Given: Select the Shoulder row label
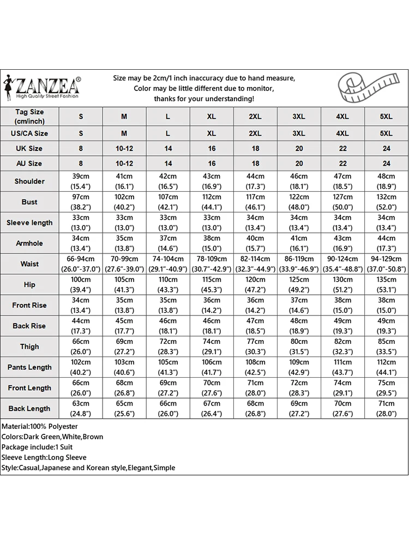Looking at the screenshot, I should point(29,181).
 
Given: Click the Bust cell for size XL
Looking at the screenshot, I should point(212,202).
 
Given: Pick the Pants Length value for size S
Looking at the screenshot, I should point(81,367).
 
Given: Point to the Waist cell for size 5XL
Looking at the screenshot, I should point(386,264).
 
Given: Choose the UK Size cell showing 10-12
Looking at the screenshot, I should point(124,148).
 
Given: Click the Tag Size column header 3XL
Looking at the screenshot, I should point(299,116).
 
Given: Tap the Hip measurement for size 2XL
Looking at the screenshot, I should point(255,284).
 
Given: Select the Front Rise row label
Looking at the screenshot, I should point(29,305).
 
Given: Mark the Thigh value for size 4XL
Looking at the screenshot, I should point(342,347).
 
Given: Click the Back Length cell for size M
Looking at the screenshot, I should point(124,409).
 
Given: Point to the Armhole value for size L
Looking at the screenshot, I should point(168,243).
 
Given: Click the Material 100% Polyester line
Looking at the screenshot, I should point(40,426).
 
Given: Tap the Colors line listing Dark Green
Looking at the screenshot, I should point(52,437).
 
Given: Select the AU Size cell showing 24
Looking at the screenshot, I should point(386,163).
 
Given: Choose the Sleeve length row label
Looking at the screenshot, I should point(29,222).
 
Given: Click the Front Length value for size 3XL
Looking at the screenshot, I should point(299,388).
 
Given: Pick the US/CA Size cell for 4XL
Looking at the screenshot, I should point(342,133).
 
